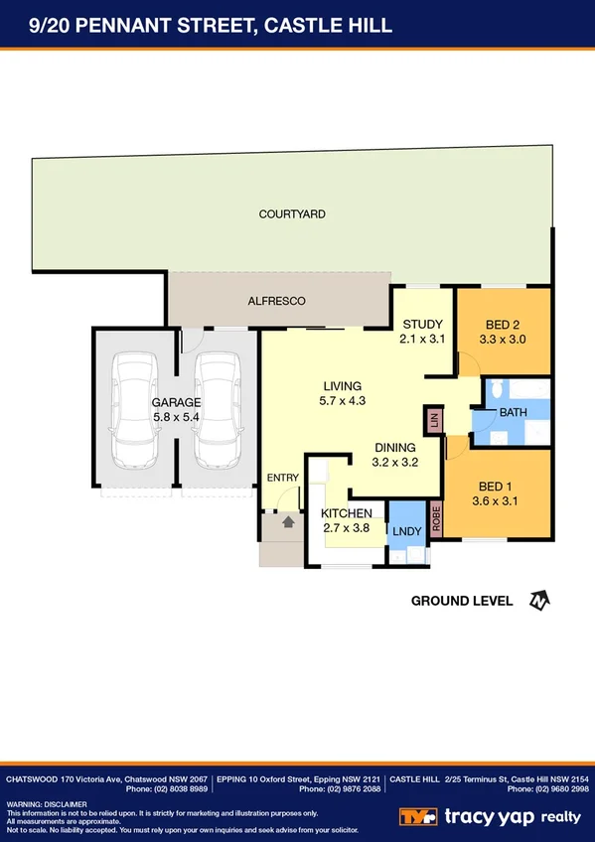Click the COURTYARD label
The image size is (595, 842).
[292, 213]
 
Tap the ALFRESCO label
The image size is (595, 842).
[276, 300]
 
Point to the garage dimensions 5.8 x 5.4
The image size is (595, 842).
[176, 418]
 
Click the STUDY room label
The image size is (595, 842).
[421, 325]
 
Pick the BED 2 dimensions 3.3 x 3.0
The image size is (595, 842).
[504, 340]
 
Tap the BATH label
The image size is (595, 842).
[514, 411]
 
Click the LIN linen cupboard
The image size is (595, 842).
[433, 420]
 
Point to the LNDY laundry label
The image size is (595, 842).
[406, 532]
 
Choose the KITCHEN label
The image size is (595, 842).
[346, 513]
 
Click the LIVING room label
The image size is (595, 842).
[341, 386]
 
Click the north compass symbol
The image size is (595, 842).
[538, 601]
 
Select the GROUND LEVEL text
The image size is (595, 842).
[461, 601]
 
